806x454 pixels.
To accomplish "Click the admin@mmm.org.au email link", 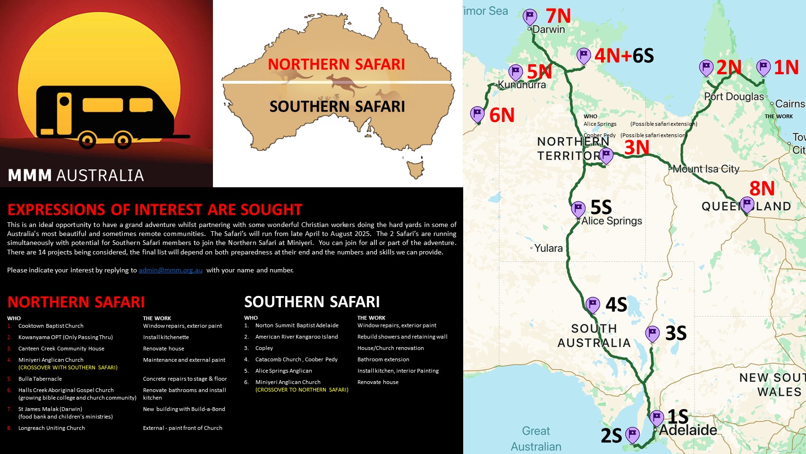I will tap(170, 270).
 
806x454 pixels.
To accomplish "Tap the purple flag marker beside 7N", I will tap(530, 17).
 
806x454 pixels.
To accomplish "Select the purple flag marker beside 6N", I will tap(477, 114).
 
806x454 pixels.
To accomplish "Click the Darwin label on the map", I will tap(548, 29).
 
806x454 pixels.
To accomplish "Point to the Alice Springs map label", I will tap(611, 221).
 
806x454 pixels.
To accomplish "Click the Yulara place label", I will tap(548, 248).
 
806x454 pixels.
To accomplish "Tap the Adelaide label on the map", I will tap(688, 430).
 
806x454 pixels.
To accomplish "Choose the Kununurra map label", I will tap(522, 85).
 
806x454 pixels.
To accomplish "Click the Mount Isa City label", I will tap(705, 169).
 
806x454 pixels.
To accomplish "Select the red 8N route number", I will tap(762, 189).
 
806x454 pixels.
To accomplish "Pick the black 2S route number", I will tap(611, 436).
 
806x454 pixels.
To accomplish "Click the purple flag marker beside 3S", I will tap(652, 333).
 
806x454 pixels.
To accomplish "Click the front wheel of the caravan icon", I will tap(87, 140).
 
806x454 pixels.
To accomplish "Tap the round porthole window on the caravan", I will tap(64, 101).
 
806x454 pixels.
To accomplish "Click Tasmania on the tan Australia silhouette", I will tap(416, 168).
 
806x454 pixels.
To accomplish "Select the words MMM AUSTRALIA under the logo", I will tap(76, 175).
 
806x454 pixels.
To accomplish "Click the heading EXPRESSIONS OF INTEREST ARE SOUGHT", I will tap(154, 210).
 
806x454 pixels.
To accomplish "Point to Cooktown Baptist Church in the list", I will tap(51, 326).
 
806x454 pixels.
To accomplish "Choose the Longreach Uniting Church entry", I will tap(51, 428).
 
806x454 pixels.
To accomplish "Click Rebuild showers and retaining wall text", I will tap(402, 337).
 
